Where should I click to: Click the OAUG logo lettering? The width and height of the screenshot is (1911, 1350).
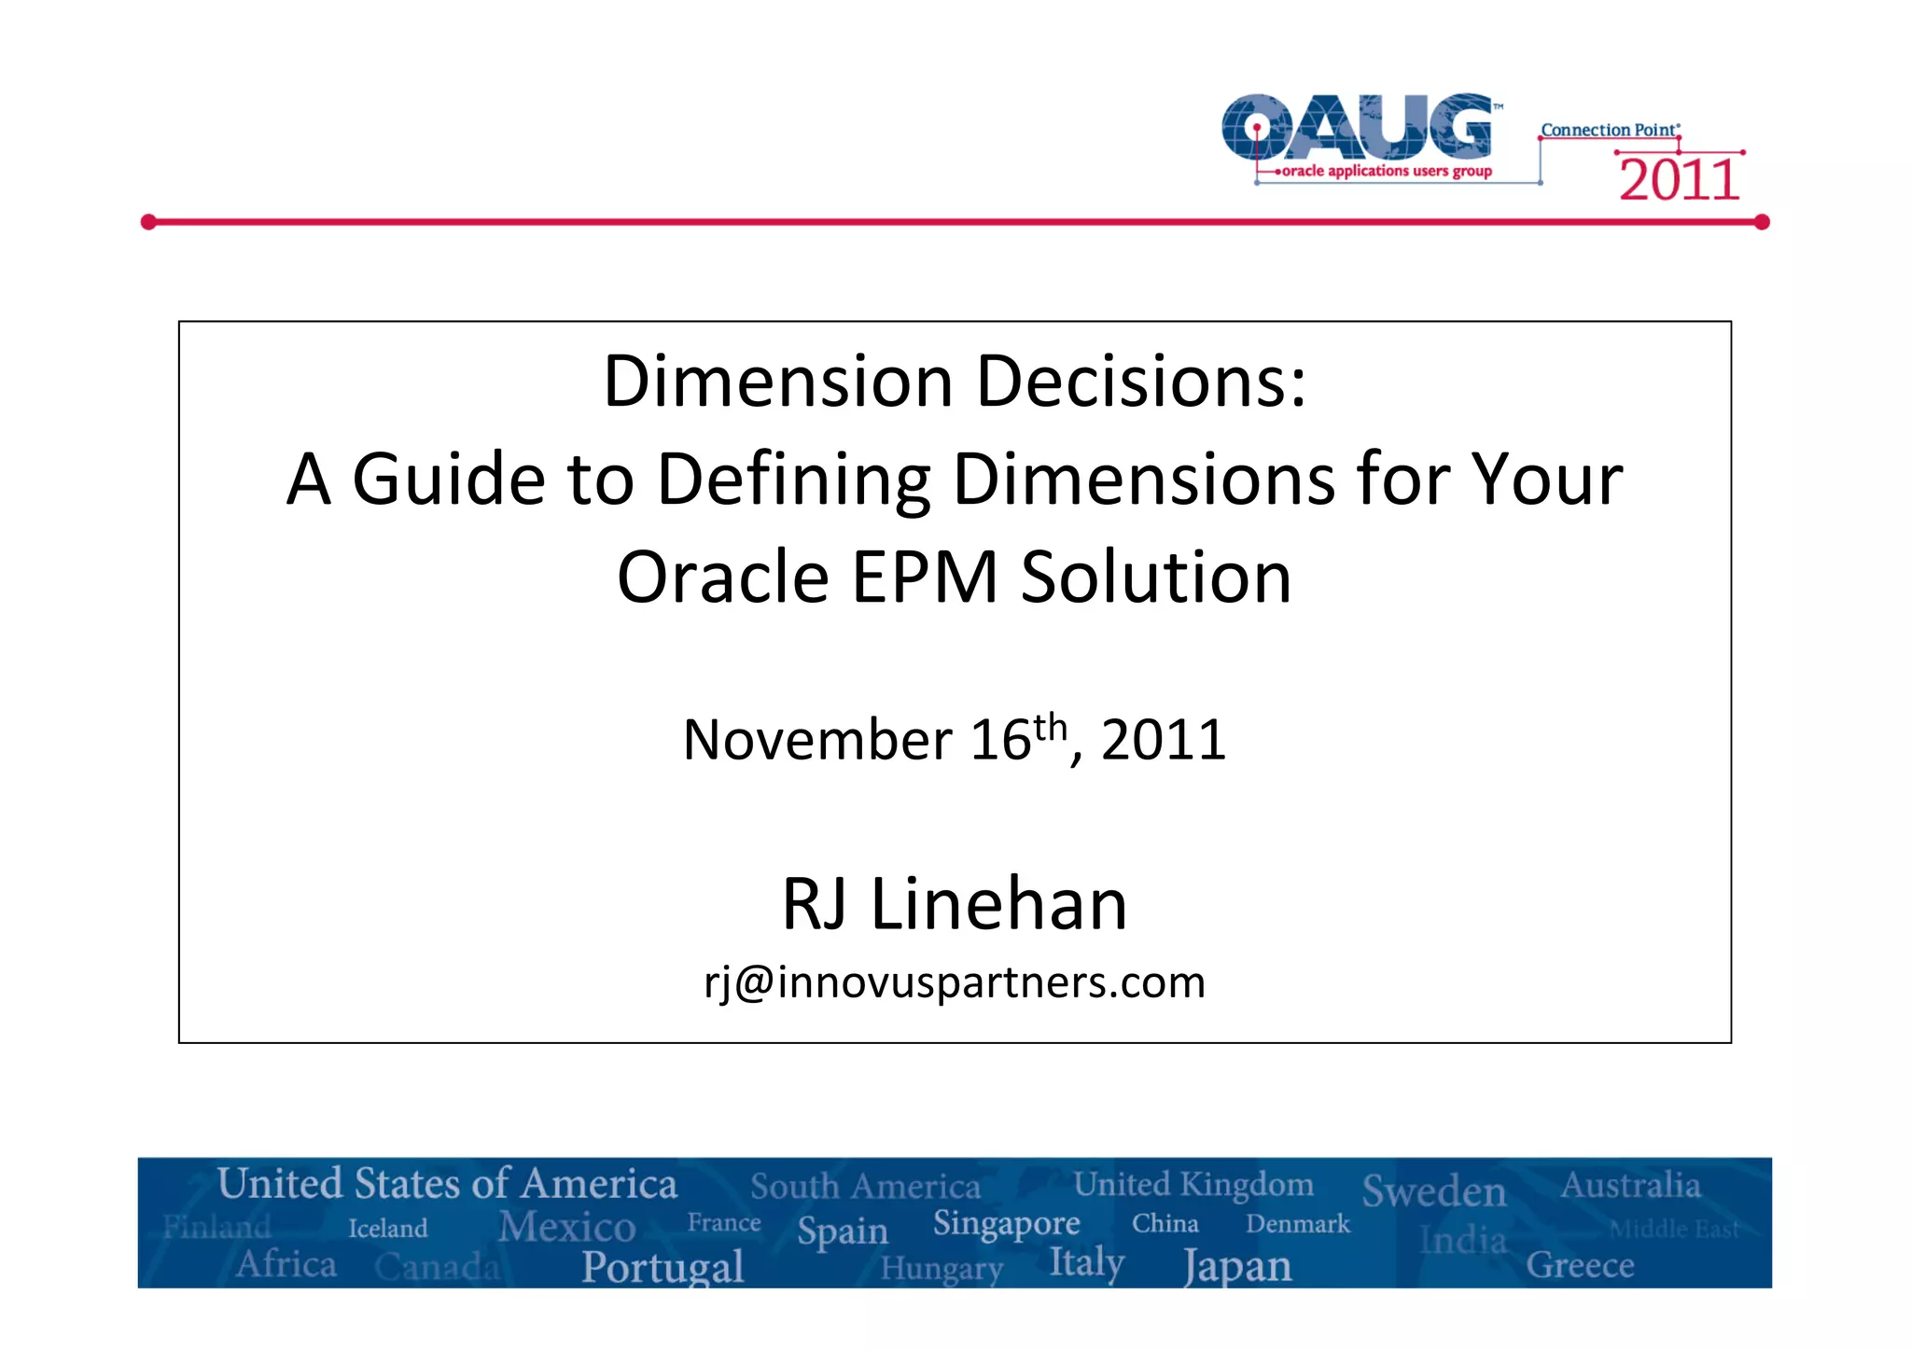(x=1358, y=127)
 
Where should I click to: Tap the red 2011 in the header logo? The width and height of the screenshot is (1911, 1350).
(x=1679, y=180)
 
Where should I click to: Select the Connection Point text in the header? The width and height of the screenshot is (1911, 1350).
(x=1609, y=130)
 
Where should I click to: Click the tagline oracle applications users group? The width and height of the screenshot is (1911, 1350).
(x=1387, y=171)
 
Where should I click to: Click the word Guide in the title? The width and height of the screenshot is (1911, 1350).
(x=448, y=479)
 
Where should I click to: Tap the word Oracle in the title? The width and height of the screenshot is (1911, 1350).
(x=723, y=577)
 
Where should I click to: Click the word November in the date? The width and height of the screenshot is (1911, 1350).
(x=816, y=740)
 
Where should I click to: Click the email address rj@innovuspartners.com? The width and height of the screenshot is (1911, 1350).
(x=955, y=982)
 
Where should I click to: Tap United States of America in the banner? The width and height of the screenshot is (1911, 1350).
(x=447, y=1183)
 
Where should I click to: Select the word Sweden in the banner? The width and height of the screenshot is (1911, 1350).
(x=1434, y=1191)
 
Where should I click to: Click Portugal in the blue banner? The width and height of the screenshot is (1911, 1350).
(x=663, y=1266)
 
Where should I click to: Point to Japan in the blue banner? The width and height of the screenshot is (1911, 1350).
(x=1237, y=1266)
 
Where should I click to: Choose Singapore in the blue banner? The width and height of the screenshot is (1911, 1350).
(x=1006, y=1222)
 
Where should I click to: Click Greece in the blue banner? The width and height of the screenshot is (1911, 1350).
(x=1580, y=1265)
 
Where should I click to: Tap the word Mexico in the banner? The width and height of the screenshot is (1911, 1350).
(x=566, y=1226)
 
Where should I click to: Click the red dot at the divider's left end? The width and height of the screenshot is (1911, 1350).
(x=148, y=222)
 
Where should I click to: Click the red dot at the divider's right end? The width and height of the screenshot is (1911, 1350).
(x=1762, y=222)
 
